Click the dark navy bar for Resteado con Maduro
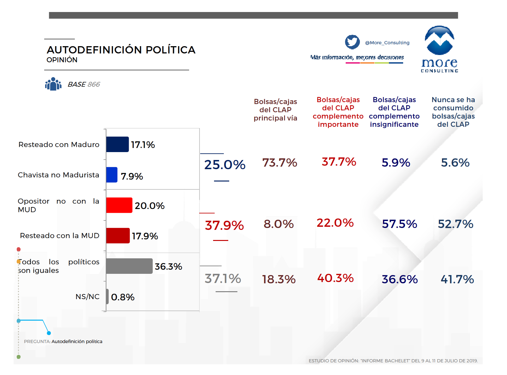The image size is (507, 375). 117,144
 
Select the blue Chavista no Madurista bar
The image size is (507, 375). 112,175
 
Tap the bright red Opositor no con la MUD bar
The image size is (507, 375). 119,205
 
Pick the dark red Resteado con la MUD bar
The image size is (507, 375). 118,235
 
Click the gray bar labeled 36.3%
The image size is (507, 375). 129,266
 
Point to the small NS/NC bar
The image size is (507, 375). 107,296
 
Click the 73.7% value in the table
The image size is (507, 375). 280,163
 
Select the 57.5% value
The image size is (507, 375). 399,224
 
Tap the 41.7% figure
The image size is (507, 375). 457,279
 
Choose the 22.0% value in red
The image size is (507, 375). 335,223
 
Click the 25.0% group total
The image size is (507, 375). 225,164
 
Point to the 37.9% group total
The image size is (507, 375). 224,225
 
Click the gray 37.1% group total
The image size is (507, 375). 223,278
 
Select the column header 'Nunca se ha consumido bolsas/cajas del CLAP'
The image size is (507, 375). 453,112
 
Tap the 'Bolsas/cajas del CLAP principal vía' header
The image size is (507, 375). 275,110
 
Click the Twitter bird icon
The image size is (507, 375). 352,42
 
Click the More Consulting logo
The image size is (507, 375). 439,49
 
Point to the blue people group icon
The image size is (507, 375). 53,84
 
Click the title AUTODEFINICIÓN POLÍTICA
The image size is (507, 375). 121,50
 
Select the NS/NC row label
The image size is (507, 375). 87,297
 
